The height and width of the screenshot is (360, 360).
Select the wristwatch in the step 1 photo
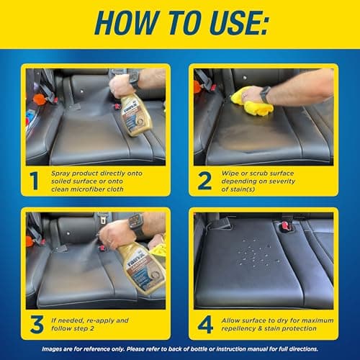[134, 80]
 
